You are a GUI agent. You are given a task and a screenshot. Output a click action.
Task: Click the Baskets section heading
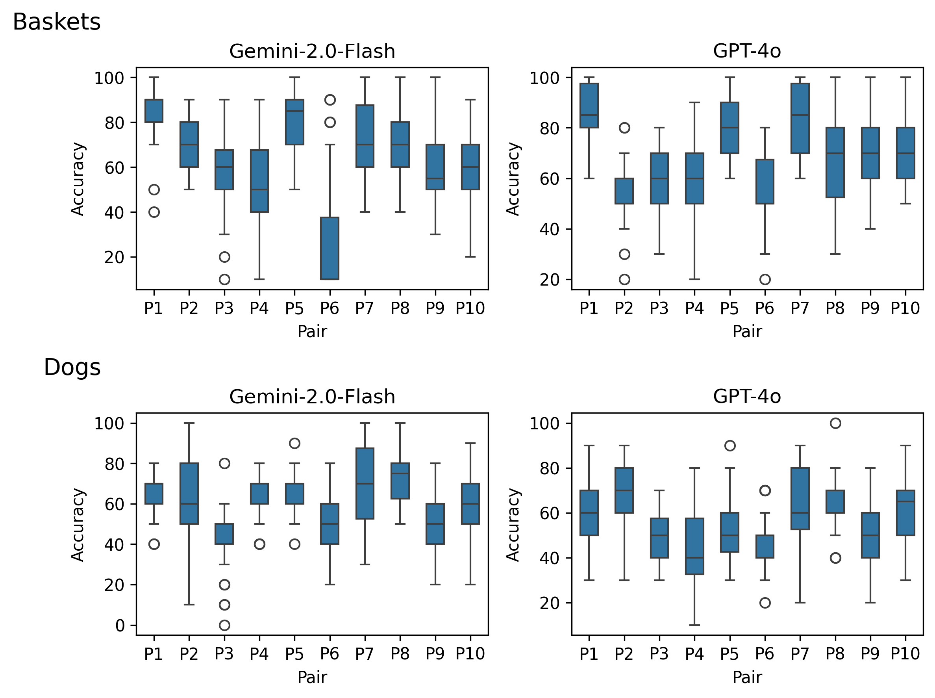tap(57, 22)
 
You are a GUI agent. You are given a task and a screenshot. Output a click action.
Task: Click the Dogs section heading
tap(72, 367)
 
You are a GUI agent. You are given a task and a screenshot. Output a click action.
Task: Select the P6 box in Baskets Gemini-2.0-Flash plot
tap(330, 249)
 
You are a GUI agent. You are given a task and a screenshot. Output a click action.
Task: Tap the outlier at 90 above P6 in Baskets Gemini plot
tap(330, 100)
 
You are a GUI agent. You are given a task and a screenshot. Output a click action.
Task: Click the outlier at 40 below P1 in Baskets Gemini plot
tap(154, 212)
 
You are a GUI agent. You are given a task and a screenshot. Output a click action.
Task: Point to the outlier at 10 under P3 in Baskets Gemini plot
tap(224, 279)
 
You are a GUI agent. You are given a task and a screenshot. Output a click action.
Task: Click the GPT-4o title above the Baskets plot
tap(747, 51)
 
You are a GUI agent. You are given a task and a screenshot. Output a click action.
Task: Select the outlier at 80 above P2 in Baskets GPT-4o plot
tap(624, 128)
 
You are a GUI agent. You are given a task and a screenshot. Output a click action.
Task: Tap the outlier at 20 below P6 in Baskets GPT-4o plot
tap(765, 279)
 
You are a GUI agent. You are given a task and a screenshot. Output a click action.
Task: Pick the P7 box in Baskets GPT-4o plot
tap(800, 118)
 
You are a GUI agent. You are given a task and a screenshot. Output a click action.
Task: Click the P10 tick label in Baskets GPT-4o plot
tap(905, 308)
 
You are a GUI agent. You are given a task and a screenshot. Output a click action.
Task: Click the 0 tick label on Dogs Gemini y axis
tap(120, 626)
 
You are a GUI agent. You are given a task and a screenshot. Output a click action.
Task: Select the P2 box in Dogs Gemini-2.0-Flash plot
tap(189, 494)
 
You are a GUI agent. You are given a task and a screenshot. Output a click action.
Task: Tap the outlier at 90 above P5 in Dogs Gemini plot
tap(294, 443)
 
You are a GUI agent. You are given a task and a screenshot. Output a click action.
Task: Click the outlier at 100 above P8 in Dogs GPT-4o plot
tap(835, 423)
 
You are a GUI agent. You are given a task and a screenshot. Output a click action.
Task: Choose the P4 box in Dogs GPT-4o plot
tap(694, 546)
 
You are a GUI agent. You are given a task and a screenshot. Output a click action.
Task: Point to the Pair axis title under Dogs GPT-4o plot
tap(747, 677)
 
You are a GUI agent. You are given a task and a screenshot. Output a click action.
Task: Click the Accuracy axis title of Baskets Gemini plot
tap(78, 179)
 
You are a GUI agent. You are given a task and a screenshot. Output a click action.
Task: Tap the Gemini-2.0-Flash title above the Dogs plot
tap(312, 397)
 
